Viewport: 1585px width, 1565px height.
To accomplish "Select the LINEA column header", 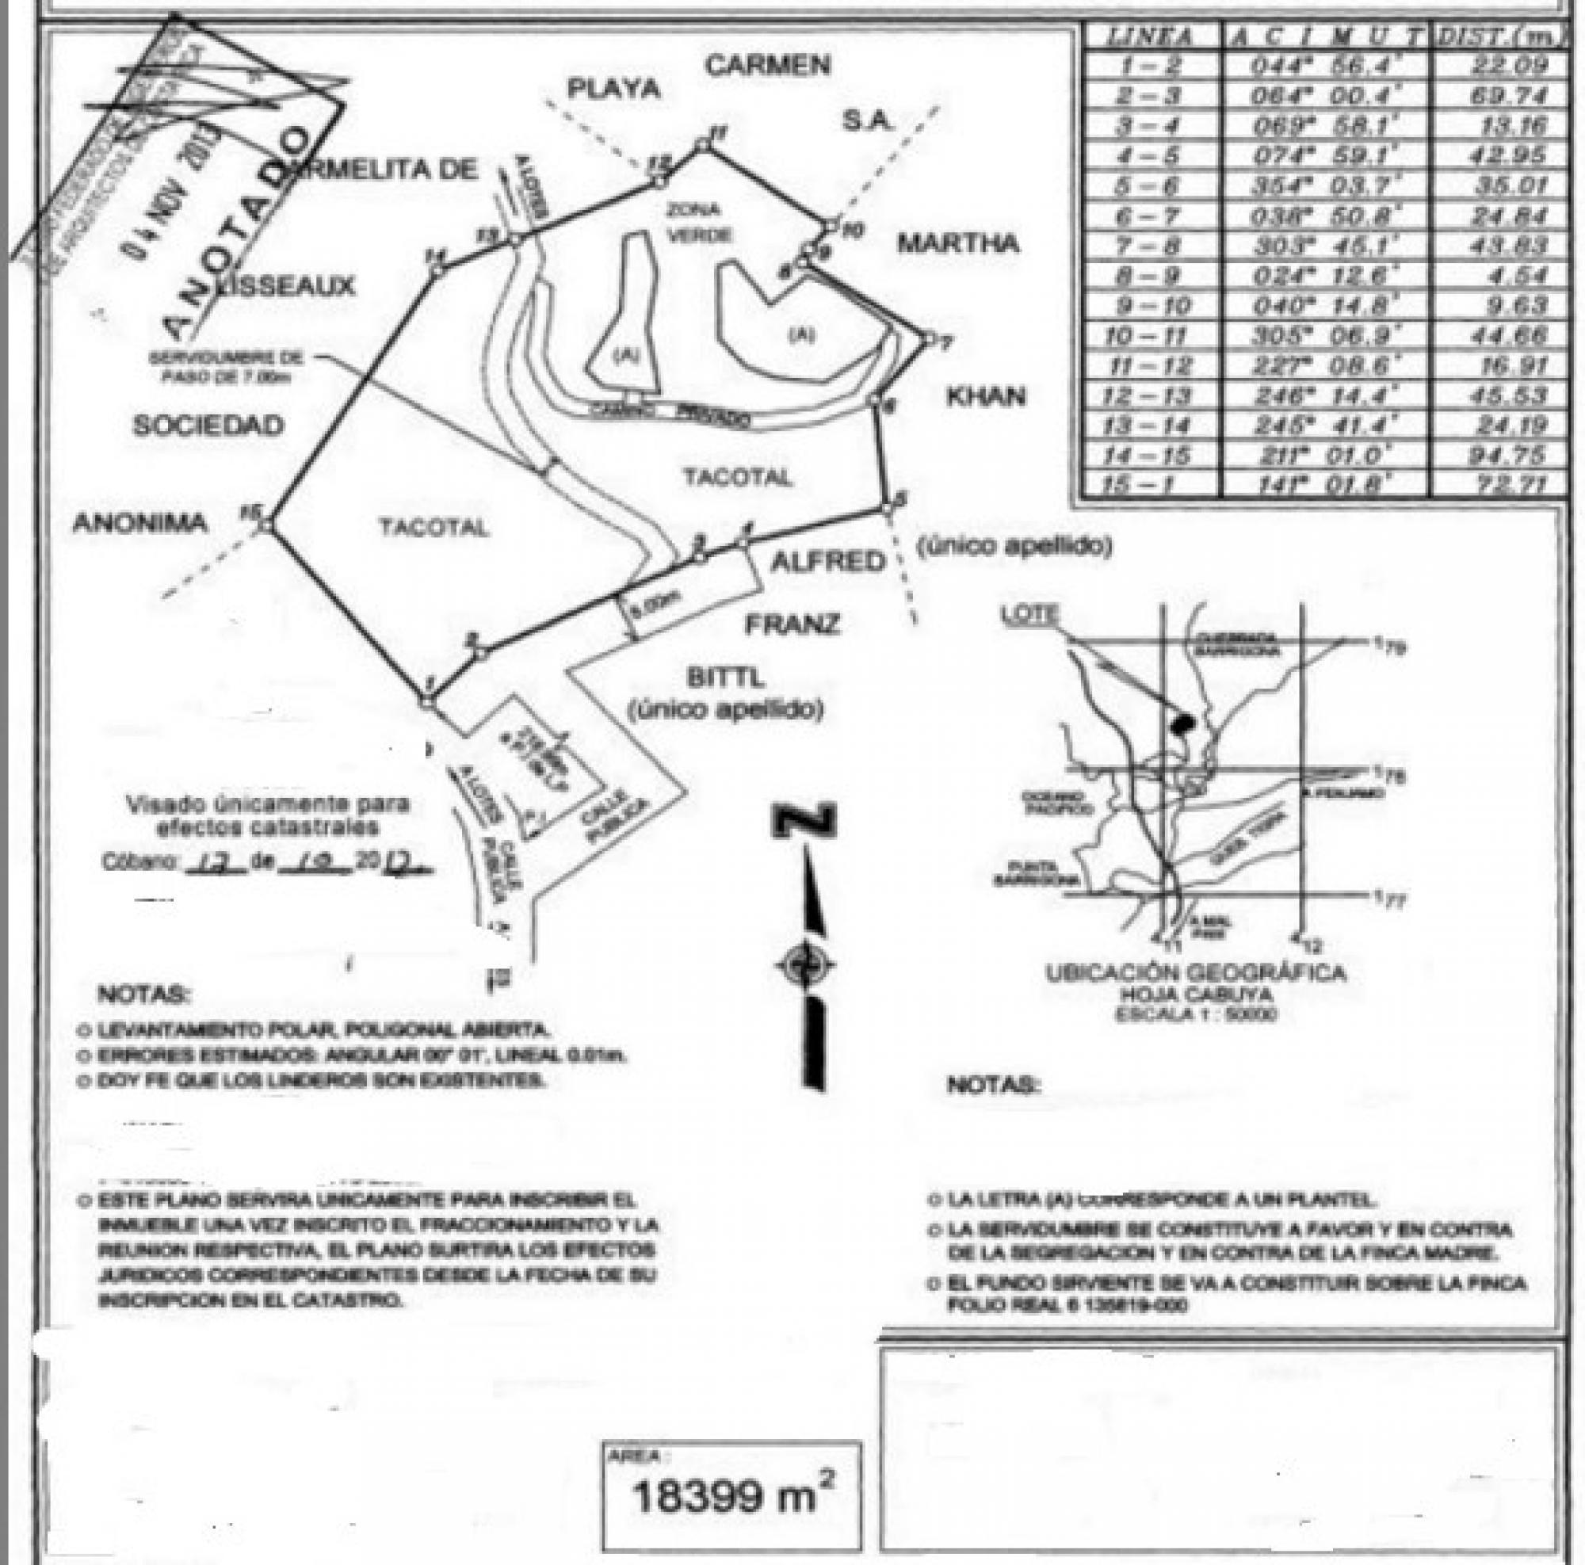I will pos(1148,36).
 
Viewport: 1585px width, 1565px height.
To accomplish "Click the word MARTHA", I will pos(957,243).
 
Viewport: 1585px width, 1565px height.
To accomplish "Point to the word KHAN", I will pos(985,397).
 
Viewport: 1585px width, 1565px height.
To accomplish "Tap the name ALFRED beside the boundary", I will pos(828,561).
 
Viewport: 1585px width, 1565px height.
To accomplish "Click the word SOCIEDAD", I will pos(208,425).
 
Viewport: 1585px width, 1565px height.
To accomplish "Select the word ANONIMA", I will pos(140,522).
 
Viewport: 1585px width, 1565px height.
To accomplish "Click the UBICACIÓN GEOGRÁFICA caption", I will pos(1195,973).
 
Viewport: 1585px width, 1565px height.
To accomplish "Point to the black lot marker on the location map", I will pos(1182,723).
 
